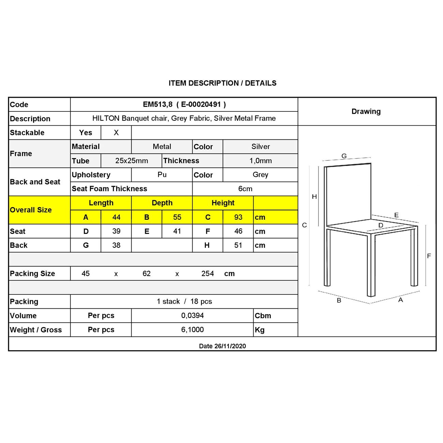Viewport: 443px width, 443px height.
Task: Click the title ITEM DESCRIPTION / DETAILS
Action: [x=223, y=83]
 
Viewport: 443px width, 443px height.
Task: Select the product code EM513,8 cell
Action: [x=184, y=105]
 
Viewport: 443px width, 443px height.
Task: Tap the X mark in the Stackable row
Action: [x=116, y=133]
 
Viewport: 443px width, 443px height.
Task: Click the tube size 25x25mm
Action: [x=132, y=161]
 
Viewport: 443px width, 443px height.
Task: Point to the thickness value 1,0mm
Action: [x=260, y=161]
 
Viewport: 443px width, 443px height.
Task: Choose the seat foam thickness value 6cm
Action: [x=245, y=189]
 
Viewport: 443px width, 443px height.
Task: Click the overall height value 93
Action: [x=238, y=217]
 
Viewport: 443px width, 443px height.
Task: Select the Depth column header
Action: [x=162, y=203]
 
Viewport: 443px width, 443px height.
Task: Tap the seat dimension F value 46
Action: [x=238, y=231]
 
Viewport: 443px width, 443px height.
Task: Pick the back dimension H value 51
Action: [x=238, y=245]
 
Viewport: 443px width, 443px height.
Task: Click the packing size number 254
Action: [x=208, y=274]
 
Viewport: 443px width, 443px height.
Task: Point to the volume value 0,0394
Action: [x=193, y=316]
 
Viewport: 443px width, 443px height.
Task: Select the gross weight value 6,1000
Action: [x=193, y=330]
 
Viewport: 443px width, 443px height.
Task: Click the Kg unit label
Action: [x=260, y=330]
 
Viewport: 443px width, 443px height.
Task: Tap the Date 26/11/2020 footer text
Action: [x=222, y=346]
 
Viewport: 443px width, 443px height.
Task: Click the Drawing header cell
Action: [x=366, y=111]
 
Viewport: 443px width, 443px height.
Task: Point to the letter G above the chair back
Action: [x=344, y=156]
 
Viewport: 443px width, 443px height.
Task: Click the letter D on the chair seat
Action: [x=381, y=225]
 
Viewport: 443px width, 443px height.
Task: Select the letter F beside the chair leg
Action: [x=429, y=256]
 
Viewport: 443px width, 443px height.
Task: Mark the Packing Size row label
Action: [x=32, y=274]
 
